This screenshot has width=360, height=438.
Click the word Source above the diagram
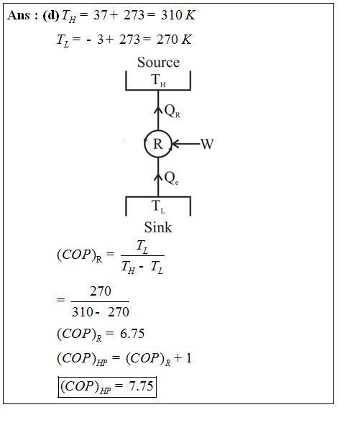(x=158, y=62)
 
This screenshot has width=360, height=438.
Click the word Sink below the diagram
(x=158, y=227)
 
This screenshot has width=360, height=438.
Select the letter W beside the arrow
(x=207, y=144)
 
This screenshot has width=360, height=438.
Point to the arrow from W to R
(x=186, y=144)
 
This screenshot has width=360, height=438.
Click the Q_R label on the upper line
(x=172, y=111)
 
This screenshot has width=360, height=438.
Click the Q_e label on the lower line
(x=171, y=178)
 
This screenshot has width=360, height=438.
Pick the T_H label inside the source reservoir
(x=158, y=80)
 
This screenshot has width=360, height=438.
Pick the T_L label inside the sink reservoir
(x=158, y=206)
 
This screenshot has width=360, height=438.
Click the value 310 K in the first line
(x=178, y=15)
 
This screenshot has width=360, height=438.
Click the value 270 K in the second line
(x=174, y=40)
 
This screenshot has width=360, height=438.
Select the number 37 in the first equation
(x=100, y=15)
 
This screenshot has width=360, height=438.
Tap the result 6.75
(x=132, y=334)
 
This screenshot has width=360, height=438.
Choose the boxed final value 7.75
(x=141, y=386)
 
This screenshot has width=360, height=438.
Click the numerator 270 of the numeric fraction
(x=101, y=291)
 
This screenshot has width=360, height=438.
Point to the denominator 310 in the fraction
(x=83, y=311)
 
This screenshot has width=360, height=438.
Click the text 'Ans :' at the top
(x=22, y=15)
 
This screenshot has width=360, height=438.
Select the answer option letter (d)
(x=51, y=15)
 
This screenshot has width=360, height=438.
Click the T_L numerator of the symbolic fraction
(x=142, y=247)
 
